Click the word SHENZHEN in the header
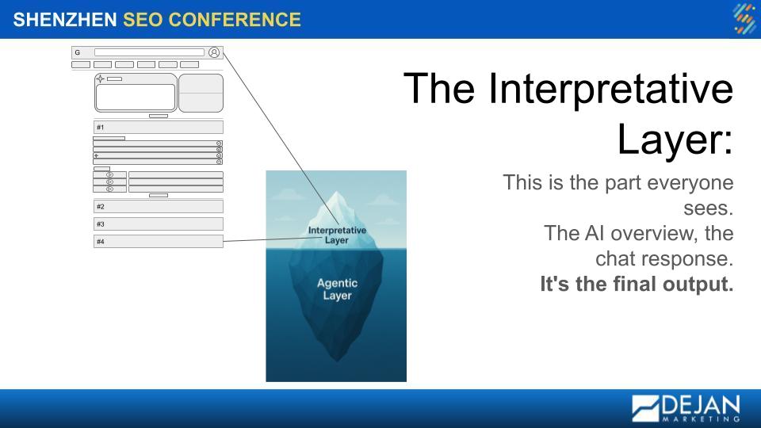[x=64, y=20]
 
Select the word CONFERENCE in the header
[x=235, y=20]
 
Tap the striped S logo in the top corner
[x=744, y=19]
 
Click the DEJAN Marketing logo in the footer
[x=686, y=408]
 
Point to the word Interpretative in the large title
[x=610, y=89]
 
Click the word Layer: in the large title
[x=675, y=139]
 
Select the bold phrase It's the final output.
[x=637, y=284]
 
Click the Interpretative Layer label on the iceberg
[x=337, y=235]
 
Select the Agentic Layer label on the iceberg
[x=338, y=289]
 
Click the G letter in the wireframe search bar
[x=77, y=52]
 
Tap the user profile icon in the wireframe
[x=214, y=52]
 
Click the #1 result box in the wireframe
[x=159, y=127]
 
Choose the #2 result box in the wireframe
[x=159, y=206]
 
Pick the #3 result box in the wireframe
[x=159, y=224]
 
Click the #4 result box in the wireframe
[x=159, y=241]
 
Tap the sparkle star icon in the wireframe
[x=100, y=78]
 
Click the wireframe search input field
[x=149, y=52]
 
